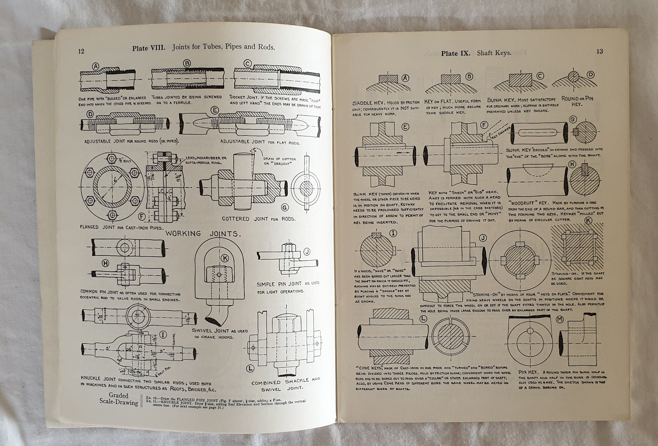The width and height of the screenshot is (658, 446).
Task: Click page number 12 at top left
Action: pos(81,51)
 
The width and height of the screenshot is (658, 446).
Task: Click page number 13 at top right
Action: pos(600,51)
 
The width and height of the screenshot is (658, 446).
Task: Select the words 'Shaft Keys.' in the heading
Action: pos(494,53)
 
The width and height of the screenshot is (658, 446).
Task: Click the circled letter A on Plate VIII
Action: pos(96,66)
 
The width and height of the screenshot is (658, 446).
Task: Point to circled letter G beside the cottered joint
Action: pos(285,208)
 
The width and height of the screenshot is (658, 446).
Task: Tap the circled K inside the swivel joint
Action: pos(224,258)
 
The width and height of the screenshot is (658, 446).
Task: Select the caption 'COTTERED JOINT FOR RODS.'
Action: pos(258,219)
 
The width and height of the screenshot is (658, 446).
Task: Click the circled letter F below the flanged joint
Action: pos(142,216)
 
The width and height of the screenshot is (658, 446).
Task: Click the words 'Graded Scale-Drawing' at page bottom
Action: pos(118,399)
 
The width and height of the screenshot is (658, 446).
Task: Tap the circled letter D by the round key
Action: pos(591,75)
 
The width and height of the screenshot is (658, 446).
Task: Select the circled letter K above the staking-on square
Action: pos(588,221)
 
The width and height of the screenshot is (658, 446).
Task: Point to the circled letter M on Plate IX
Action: pos(560,320)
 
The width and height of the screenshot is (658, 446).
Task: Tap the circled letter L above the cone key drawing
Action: pos(423,319)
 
